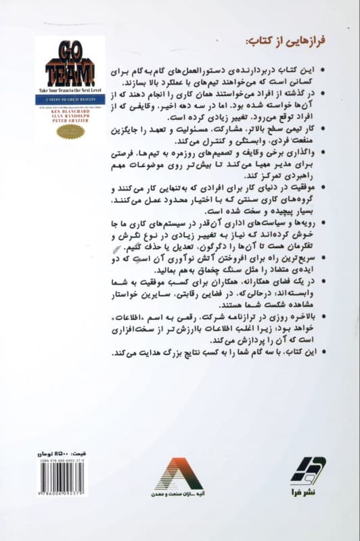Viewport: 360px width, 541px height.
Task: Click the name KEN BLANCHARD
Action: click(x=68, y=108)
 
